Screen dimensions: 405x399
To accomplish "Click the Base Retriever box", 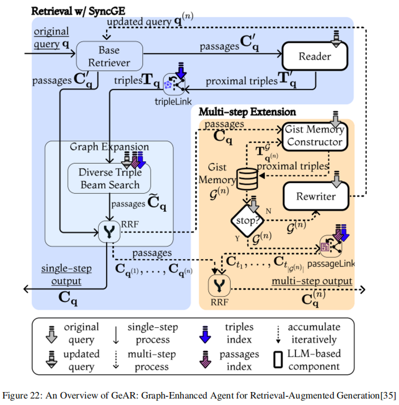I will tap(109, 56).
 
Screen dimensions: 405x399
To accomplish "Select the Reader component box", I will tap(315, 57).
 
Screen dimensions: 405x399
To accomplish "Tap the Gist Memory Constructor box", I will tap(314, 135).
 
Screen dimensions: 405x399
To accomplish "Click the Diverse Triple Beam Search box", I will tap(110, 178).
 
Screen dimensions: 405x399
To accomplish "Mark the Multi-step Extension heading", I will tap(247, 111).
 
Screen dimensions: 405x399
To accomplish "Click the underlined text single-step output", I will tap(66, 275).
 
